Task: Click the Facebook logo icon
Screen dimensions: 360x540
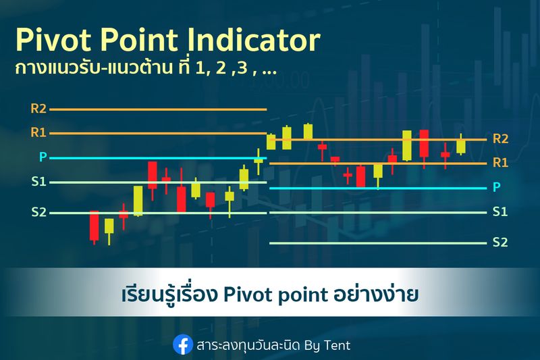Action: click(x=182, y=344)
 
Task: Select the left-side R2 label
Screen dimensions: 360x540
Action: click(x=38, y=108)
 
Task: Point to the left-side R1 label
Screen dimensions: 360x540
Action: click(x=38, y=132)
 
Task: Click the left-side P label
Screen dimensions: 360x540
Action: click(x=43, y=157)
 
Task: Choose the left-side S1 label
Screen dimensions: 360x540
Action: click(x=38, y=182)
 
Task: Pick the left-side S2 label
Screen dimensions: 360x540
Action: click(x=38, y=212)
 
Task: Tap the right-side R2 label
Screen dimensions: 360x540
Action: click(x=500, y=138)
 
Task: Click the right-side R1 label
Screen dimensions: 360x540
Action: click(x=500, y=162)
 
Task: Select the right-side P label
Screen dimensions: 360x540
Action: click(x=497, y=187)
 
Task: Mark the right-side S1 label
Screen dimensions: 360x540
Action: click(x=500, y=211)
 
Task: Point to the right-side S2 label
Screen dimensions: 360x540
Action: click(x=500, y=242)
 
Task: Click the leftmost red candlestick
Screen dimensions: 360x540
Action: click(x=94, y=226)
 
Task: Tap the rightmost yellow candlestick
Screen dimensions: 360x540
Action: click(x=461, y=146)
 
